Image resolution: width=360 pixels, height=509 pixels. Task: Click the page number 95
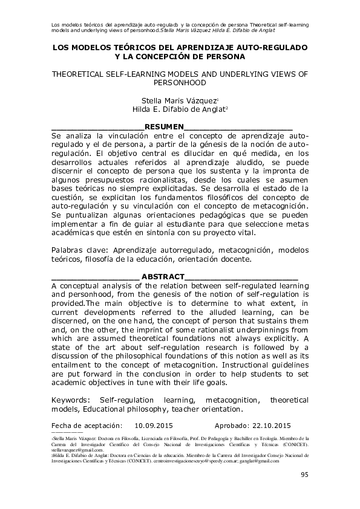(x=304, y=475)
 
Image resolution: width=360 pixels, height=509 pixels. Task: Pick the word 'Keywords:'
(x=72, y=400)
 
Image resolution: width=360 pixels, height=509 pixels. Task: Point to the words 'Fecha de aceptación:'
(x=87, y=425)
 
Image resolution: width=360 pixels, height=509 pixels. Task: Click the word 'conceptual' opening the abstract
(x=83, y=286)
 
